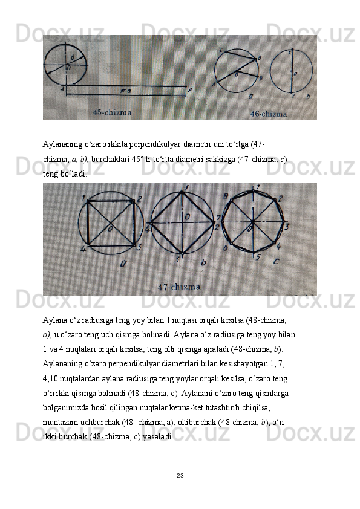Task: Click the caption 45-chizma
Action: pyautogui.click(x=113, y=112)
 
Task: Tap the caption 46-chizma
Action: pyautogui.click(x=269, y=114)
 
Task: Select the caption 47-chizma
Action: pyautogui.click(x=179, y=287)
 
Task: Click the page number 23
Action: pyautogui.click(x=180, y=476)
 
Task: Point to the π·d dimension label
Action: pyautogui.click(x=126, y=91)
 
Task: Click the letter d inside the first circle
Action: pyautogui.click(x=72, y=58)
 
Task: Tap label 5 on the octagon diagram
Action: pyautogui.click(x=258, y=258)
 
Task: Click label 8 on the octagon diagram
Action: pyautogui.click(x=226, y=196)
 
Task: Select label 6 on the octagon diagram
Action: pyautogui.click(x=226, y=248)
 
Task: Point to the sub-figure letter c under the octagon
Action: pyautogui.click(x=276, y=261)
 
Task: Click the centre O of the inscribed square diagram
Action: pyautogui.click(x=111, y=229)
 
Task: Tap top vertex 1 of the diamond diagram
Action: pyautogui.click(x=182, y=192)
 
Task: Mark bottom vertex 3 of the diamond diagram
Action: pyautogui.click(x=183, y=253)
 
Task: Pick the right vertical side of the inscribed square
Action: pyautogui.click(x=134, y=223)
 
